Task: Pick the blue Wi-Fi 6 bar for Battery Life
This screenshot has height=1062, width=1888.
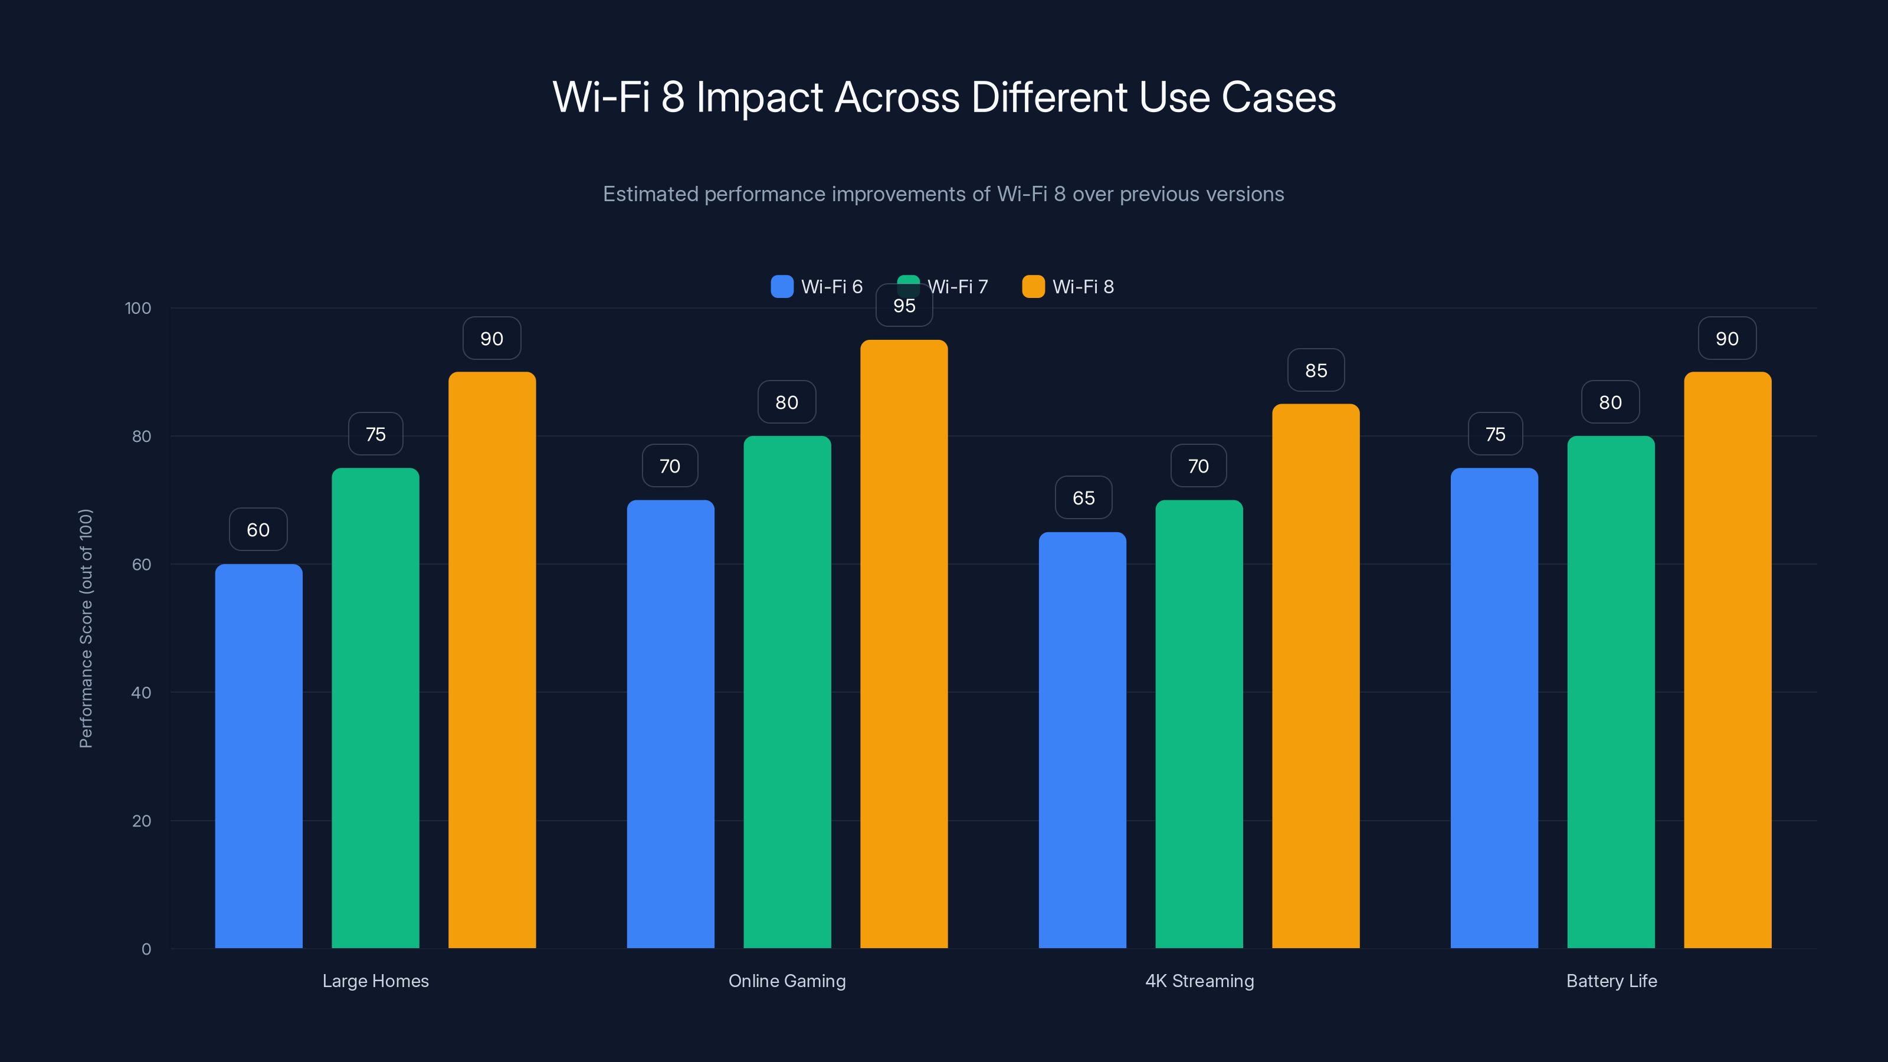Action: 1494,707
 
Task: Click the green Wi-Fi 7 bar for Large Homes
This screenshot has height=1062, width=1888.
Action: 375,707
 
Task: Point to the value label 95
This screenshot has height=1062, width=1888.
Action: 904,306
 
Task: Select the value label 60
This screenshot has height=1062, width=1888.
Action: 258,529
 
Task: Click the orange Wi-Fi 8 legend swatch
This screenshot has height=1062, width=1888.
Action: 1032,287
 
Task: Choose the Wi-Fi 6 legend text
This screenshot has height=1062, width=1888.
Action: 831,287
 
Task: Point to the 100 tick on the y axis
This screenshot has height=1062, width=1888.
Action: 138,308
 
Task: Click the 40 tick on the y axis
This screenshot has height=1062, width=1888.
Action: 141,693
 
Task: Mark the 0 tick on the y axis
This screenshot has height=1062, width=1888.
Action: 146,949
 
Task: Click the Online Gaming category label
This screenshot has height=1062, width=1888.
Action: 786,981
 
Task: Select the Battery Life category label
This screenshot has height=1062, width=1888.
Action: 1611,981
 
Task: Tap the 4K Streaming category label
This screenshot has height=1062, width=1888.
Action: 1199,981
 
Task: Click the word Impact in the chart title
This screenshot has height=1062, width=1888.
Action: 759,97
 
